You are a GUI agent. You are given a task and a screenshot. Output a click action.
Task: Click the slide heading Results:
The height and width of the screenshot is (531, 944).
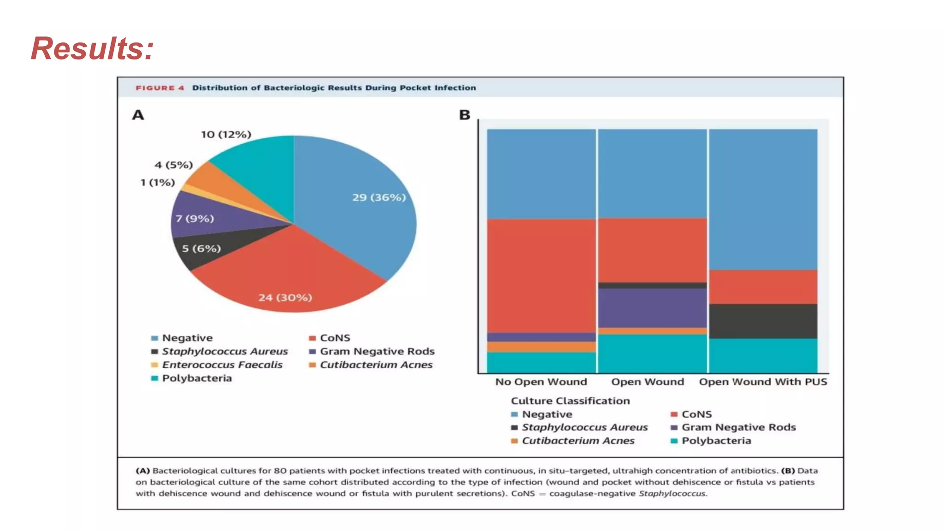point(92,48)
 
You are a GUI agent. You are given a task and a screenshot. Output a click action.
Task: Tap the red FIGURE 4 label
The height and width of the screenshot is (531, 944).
point(160,88)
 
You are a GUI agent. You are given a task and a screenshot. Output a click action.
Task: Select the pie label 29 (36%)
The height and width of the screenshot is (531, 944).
point(379,197)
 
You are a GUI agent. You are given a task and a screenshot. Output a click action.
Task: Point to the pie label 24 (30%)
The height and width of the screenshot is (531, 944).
point(285,297)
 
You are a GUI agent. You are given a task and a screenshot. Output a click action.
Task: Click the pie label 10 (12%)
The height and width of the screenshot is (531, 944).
point(226,134)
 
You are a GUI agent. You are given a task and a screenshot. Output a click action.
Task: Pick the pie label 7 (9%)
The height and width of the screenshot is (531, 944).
point(195,218)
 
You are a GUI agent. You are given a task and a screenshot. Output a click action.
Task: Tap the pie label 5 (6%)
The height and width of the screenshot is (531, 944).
point(201,248)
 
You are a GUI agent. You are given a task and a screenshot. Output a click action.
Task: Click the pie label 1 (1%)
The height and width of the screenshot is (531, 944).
point(158,183)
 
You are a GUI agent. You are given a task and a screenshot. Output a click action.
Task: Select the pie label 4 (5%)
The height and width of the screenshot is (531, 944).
point(174,165)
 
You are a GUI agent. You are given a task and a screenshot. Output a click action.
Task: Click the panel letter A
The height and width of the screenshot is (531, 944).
point(138,115)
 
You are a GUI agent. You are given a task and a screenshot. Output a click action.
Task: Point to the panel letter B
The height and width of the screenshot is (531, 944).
point(465,115)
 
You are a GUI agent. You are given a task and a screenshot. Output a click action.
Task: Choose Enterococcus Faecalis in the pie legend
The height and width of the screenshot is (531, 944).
point(222,365)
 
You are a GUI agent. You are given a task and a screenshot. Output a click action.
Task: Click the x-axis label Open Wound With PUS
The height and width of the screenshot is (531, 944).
point(763,382)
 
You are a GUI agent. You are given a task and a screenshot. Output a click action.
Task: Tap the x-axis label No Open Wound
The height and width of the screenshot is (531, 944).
point(541,382)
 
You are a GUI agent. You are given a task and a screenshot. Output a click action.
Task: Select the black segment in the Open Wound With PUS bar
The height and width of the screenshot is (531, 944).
point(763,321)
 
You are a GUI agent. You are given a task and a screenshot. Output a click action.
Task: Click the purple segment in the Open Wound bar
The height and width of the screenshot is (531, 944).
point(652,308)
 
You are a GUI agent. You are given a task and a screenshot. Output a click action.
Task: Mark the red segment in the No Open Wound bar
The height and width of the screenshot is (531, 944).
point(542,276)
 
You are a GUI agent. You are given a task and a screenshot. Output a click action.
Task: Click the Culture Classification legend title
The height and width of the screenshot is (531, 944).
point(570,401)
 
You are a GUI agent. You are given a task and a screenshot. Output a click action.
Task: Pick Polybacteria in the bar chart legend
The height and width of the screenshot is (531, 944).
point(716,441)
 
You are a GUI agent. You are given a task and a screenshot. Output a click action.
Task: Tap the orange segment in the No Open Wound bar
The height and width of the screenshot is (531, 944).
point(542,347)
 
